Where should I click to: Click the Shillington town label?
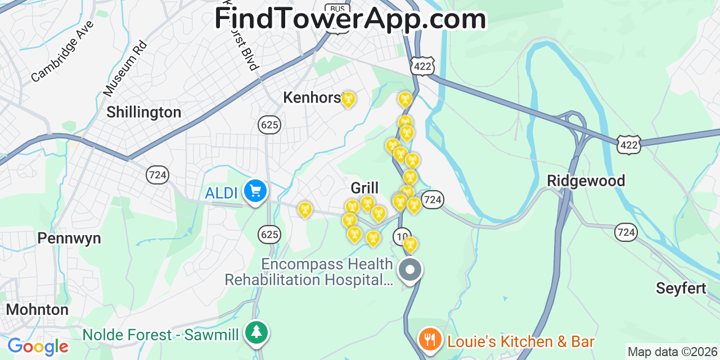[143, 112]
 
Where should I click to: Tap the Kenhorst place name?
[312, 97]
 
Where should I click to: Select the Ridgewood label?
[586, 181]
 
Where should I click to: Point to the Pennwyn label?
[69, 238]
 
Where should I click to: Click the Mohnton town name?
[37, 309]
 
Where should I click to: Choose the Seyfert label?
[681, 289]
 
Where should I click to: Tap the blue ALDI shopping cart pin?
[255, 191]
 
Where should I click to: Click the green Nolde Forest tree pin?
[256, 332]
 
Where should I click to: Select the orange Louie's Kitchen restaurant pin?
[430, 339]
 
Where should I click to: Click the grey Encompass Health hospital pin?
[410, 271]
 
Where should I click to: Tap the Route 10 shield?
[402, 236]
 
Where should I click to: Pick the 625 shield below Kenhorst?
[270, 124]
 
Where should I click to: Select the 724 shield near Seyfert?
[625, 231]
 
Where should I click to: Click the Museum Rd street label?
[125, 68]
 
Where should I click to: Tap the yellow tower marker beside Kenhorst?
[348, 100]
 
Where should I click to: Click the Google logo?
[37, 346]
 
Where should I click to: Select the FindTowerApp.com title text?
[350, 19]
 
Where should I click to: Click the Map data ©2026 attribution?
[673, 352]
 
